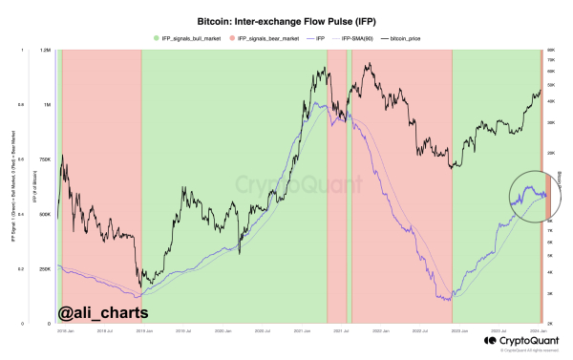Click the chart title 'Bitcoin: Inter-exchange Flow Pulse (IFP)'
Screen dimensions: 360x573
[x=286, y=18]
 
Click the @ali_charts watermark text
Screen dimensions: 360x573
[x=94, y=312]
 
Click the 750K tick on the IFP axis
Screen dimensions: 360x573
[x=45, y=159]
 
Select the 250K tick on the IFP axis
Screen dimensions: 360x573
[x=45, y=270]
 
